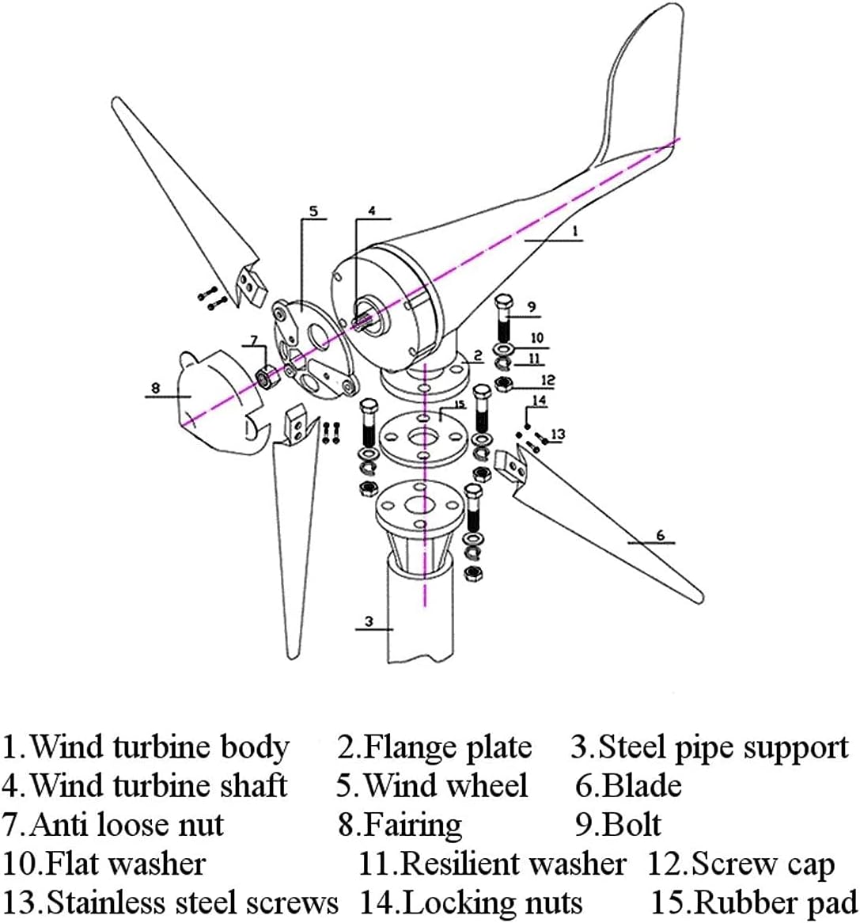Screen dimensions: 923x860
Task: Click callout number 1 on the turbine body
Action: coord(575,230)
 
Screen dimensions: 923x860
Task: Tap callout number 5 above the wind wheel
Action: coord(313,211)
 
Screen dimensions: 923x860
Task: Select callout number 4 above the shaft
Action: coord(371,211)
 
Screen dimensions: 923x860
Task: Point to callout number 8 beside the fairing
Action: coord(155,388)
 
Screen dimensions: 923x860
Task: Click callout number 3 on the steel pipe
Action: coord(369,621)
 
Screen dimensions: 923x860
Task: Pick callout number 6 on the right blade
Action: coord(661,535)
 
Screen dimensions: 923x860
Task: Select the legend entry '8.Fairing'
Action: coord(400,825)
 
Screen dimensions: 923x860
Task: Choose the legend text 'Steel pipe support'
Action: coord(722,747)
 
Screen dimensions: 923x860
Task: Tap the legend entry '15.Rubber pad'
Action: coord(753,902)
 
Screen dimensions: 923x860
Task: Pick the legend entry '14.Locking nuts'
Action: coord(472,902)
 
